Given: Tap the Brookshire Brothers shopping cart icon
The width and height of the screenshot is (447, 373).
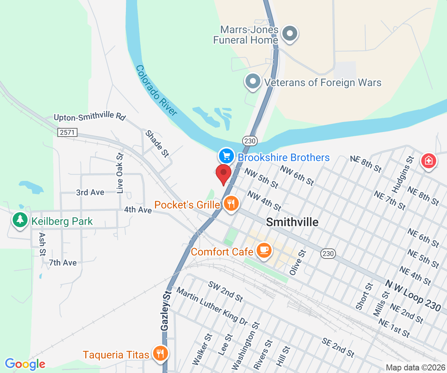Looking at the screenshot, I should pyautogui.click(x=226, y=156).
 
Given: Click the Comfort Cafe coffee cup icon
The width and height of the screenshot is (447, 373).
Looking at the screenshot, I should pyautogui.click(x=264, y=250).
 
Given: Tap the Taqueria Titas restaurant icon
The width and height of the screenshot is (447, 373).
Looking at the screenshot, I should pyautogui.click(x=161, y=353).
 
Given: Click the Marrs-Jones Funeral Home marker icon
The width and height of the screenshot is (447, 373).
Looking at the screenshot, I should pyautogui.click(x=289, y=33).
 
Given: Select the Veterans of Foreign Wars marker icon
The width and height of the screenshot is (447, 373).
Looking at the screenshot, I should pyautogui.click(x=253, y=81).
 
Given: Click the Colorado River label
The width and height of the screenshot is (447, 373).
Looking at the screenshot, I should pyautogui.click(x=156, y=90).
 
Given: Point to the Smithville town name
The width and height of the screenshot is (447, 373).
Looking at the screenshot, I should pyautogui.click(x=292, y=222).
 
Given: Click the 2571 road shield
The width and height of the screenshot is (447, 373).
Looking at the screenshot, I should pyautogui.click(x=67, y=132).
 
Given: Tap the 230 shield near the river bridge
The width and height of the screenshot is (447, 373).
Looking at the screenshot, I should pyautogui.click(x=250, y=141).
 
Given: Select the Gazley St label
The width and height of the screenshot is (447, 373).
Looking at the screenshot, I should pyautogui.click(x=166, y=311).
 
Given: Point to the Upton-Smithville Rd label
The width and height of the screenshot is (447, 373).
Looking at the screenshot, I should pyautogui.click(x=89, y=117).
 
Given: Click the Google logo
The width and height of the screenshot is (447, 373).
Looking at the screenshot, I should pyautogui.click(x=25, y=364).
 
